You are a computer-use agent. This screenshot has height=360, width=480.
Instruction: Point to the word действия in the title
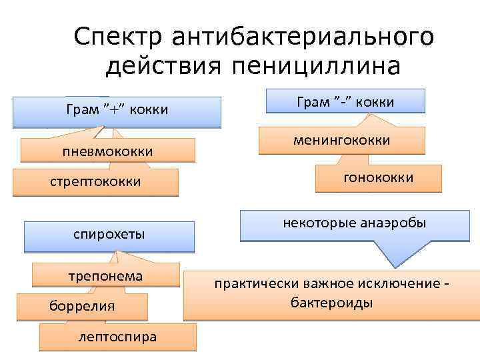tap(167, 67)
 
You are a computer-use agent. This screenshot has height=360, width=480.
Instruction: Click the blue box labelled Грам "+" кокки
tap(117, 111)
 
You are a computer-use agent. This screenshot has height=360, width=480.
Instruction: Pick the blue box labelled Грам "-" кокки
tap(345, 101)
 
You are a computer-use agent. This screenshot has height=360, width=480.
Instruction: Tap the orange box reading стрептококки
tap(95, 181)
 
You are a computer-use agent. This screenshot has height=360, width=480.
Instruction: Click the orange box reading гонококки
tap(378, 178)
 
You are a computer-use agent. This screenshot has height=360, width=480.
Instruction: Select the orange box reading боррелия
tap(82, 306)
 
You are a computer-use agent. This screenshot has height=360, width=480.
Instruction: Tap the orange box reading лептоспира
tap(118, 337)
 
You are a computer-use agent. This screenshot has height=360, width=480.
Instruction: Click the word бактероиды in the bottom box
tap(331, 303)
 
